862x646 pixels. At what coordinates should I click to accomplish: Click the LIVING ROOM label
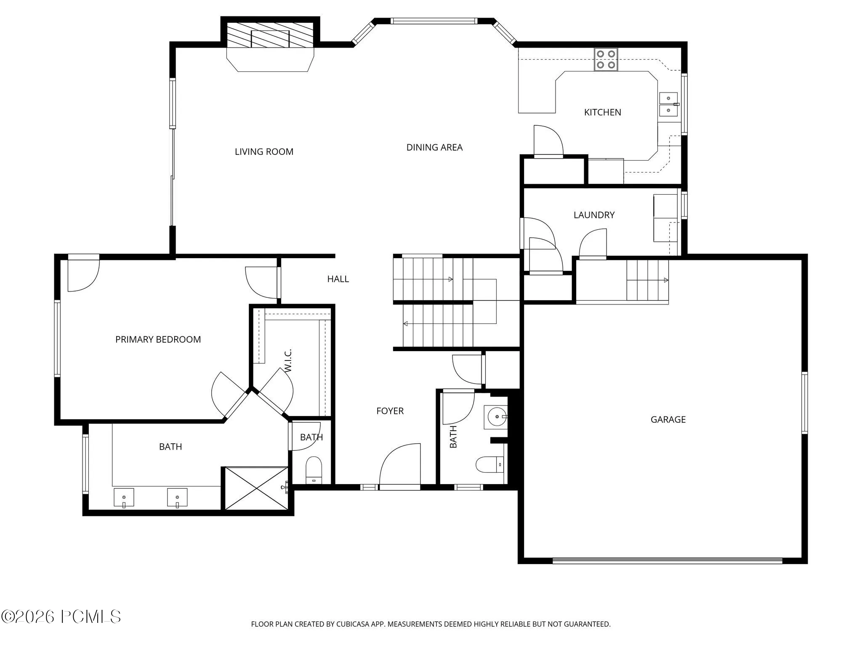pos(264,152)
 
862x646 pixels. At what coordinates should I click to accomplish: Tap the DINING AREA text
pos(434,147)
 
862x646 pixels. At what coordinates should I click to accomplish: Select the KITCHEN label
pos(602,112)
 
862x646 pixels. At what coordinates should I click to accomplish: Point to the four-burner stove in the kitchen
pos(606,59)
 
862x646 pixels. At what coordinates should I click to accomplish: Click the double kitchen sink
pos(668,104)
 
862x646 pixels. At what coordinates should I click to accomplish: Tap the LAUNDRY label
pos(594,215)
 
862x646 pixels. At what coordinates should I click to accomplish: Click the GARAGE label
pos(668,419)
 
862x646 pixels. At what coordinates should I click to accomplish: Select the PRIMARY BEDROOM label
pos(158,339)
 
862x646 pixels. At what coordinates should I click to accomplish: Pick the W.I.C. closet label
pos(288,360)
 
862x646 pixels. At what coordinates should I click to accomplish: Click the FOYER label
pos(390,411)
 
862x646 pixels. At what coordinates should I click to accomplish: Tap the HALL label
pos(338,279)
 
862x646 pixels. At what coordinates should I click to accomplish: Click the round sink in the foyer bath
pos(496,417)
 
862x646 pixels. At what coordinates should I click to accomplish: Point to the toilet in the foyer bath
pos(490,464)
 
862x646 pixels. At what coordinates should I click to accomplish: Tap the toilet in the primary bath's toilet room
pos(314,470)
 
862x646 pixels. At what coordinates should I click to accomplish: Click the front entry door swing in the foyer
pos(400,465)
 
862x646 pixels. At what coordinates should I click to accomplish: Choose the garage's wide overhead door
pos(667,560)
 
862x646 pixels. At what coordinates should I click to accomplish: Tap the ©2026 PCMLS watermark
pos(61,617)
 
